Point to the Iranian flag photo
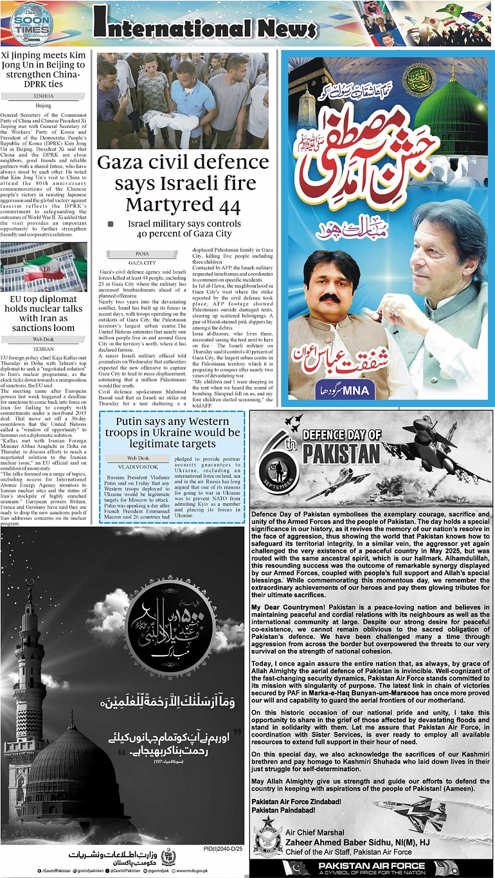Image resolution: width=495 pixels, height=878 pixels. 44,265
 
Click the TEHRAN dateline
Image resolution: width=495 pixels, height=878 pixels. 44,348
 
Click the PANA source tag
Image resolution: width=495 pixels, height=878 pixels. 142,254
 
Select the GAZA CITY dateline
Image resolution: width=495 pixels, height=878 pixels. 142,263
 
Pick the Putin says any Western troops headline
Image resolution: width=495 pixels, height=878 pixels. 172,433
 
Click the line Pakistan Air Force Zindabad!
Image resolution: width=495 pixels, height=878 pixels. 296,803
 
